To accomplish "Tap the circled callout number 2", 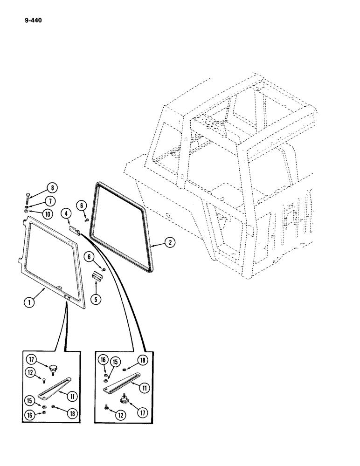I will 171,242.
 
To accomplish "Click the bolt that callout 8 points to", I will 30,195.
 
